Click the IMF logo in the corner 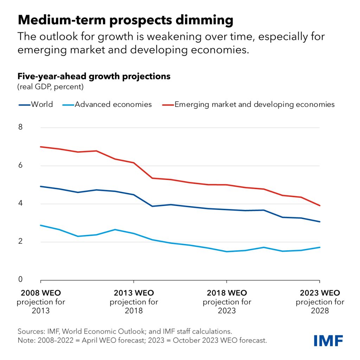point(328,340)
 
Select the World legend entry point(42,104)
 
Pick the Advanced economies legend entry point(113,104)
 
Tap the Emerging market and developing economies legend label point(255,104)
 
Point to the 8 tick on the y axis point(20,127)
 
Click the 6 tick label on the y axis point(20,165)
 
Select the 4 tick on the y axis point(20,203)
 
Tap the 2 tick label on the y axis point(20,242)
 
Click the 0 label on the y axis point(20,279)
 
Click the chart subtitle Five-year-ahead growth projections point(94,76)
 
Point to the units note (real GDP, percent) point(51,86)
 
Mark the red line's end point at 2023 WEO point(320,206)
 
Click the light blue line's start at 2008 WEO point(41,225)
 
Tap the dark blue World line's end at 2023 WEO point(320,222)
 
